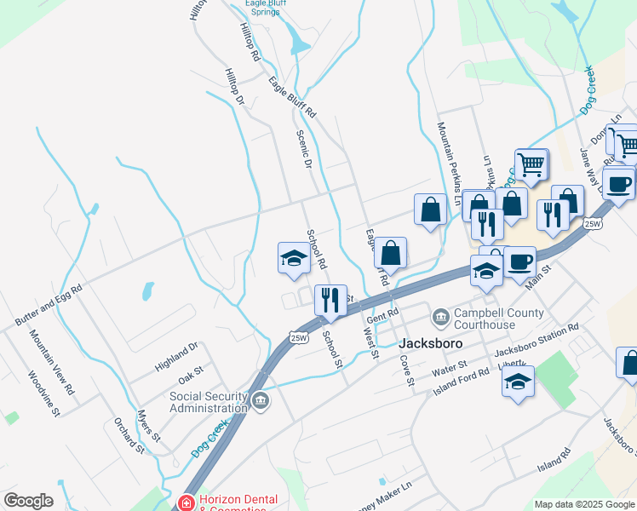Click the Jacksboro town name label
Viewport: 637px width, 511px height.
pos(431,343)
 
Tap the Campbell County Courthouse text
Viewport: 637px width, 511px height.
pos(498,319)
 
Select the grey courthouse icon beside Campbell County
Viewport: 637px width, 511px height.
pos(441,318)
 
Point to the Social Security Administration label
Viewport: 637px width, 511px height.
pos(209,401)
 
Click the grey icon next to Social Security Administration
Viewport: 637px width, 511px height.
pos(261,399)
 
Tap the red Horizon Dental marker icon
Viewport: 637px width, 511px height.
pos(186,502)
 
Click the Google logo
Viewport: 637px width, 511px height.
pos(28,501)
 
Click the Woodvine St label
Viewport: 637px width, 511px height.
pos(43,393)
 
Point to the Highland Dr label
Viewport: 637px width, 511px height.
pos(176,356)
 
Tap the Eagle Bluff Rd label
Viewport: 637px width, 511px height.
pos(292,98)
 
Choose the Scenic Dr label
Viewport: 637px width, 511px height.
pos(304,148)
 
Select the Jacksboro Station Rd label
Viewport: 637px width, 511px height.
pos(537,338)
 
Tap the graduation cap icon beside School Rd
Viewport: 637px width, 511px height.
pos(293,257)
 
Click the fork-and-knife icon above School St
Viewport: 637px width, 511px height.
pos(330,299)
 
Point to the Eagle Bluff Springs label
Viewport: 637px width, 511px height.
pos(266,8)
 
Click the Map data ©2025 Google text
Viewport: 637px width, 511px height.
pos(585,504)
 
